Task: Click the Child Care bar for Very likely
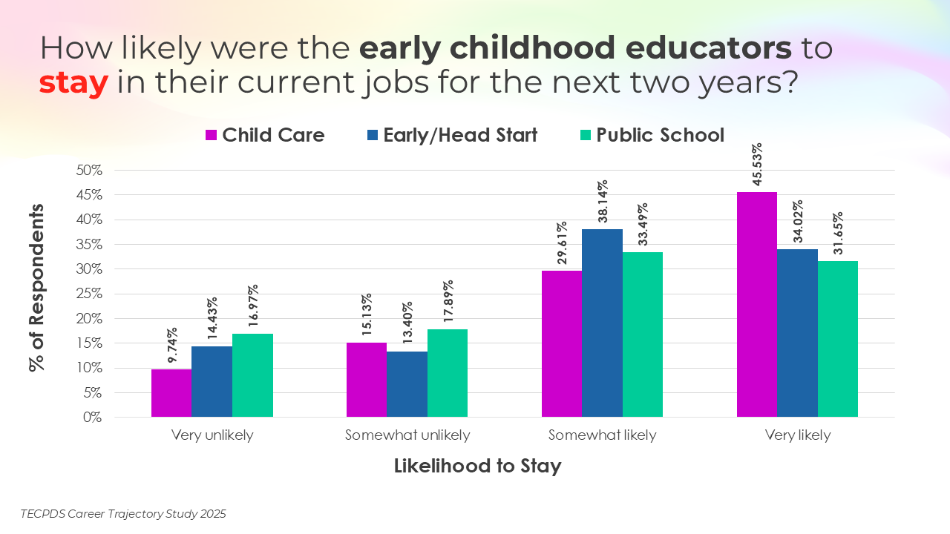coord(756,304)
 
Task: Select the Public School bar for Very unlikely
coord(252,375)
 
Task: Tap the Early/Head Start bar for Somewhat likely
coord(602,323)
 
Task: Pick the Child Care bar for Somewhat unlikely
coord(366,380)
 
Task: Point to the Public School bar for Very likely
coord(838,339)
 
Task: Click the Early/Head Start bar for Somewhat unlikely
coord(407,384)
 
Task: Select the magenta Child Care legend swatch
coord(211,135)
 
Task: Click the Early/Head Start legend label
coord(460,135)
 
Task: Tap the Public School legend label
coord(660,135)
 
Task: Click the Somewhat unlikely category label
coord(407,435)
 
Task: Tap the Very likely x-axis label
coord(798,435)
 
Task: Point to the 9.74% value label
coord(172,346)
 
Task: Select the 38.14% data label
coord(603,202)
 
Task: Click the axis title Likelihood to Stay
coord(477,466)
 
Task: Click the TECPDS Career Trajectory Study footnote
coord(123,513)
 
